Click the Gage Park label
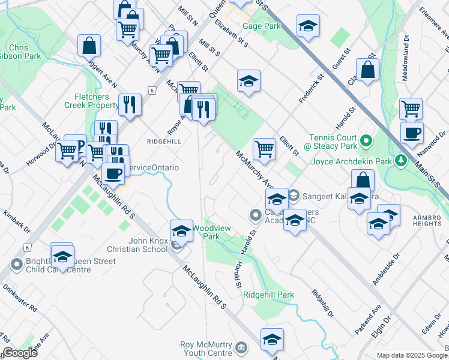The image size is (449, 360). tap(262, 26)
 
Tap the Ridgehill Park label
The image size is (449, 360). tap(268, 295)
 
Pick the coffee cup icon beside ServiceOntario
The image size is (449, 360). tap(113, 173)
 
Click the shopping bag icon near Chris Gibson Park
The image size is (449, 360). tap(89, 45)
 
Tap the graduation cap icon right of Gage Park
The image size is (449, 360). tap(308, 26)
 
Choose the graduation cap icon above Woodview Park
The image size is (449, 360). tap(181, 230)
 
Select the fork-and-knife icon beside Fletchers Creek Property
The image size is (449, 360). tap(130, 105)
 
